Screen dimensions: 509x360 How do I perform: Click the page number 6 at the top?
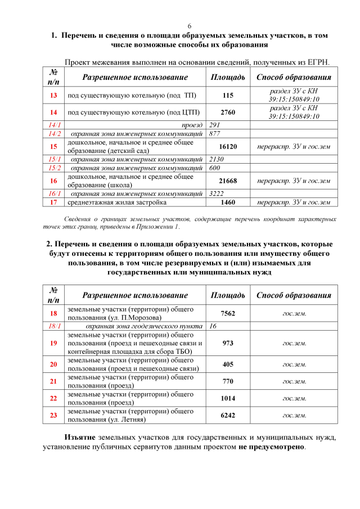(x=190, y=26)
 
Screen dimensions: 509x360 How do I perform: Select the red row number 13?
(x=53, y=96)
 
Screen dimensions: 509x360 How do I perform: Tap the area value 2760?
(x=228, y=112)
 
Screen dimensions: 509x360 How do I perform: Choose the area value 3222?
(x=217, y=193)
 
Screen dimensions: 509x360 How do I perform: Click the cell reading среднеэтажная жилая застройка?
(x=117, y=202)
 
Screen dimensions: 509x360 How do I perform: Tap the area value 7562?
(x=228, y=313)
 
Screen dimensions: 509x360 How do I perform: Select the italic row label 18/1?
(x=54, y=326)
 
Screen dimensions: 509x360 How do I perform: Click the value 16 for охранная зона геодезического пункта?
(x=213, y=326)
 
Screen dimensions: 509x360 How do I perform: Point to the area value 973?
(x=228, y=343)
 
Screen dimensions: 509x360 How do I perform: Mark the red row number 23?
(x=53, y=416)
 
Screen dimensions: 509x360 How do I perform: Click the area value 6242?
(x=228, y=416)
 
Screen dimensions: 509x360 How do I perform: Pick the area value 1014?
(x=228, y=398)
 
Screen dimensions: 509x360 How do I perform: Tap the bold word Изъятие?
(x=79, y=437)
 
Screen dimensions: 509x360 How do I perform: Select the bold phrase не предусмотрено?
(x=271, y=448)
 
